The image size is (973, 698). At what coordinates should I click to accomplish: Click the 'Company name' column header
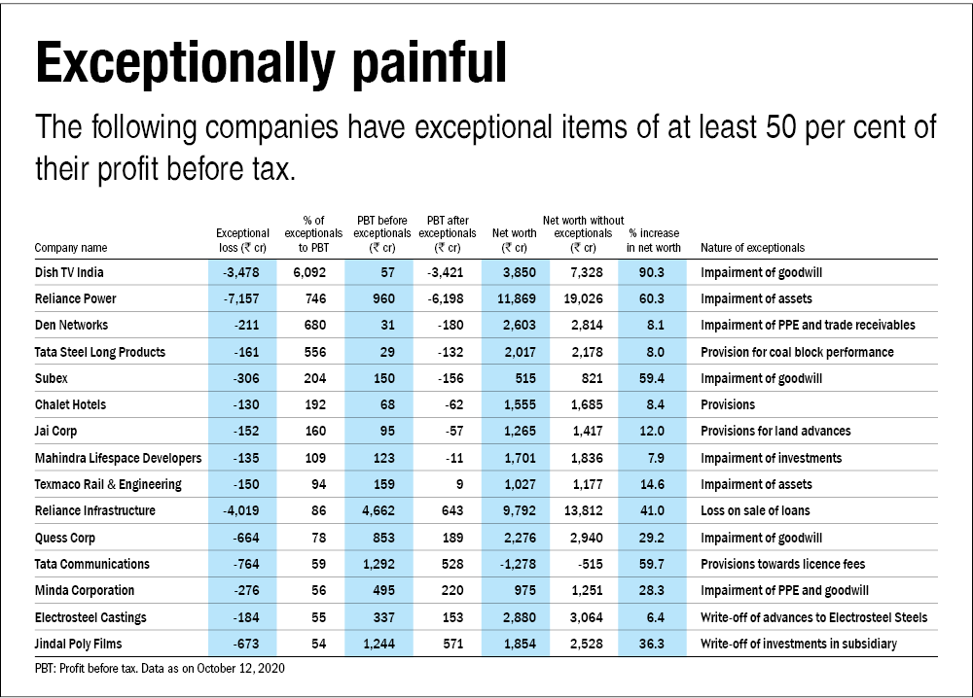71,248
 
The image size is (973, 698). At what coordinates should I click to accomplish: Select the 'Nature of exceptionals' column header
752,248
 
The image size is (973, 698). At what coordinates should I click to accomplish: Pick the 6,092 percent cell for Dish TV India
312,272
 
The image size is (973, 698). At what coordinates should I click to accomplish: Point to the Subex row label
51,378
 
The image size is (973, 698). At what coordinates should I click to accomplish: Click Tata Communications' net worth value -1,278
517,564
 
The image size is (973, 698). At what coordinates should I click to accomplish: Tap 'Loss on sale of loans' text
755,510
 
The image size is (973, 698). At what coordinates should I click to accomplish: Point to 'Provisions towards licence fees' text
782,564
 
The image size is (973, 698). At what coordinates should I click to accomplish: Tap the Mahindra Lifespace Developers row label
118,458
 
